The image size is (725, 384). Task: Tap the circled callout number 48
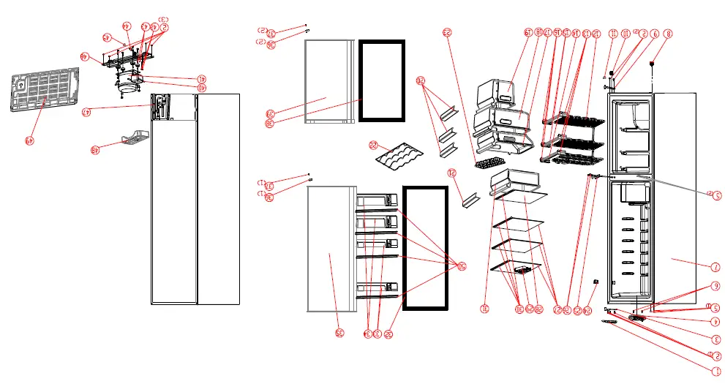pyautogui.click(x=95, y=150)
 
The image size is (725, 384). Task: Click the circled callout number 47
pyautogui.click(x=86, y=112)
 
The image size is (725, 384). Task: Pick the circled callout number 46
pyautogui.click(x=86, y=56)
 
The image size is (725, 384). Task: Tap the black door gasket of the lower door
pyautogui.click(x=425, y=247)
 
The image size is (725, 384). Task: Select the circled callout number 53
pyautogui.click(x=448, y=32)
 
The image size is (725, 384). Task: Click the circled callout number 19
pyautogui.click(x=527, y=32)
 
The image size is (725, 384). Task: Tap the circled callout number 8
pyautogui.click(x=668, y=34)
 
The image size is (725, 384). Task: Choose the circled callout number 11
pyautogui.click(x=613, y=33)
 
